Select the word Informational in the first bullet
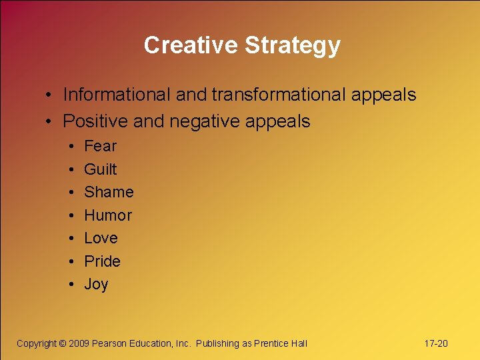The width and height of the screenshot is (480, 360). (117, 95)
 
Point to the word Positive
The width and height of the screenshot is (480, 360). (95, 121)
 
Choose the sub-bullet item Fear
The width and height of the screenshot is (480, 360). (100, 146)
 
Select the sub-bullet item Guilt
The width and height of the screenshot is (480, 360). (100, 169)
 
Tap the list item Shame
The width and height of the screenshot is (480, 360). (109, 192)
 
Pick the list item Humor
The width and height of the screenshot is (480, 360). (108, 215)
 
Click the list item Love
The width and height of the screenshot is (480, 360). (101, 238)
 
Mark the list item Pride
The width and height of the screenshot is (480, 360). (102, 261)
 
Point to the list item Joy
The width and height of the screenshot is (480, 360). (96, 285)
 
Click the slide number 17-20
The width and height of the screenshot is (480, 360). (436, 343)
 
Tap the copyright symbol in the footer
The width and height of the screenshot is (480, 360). (63, 343)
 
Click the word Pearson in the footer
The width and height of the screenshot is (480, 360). (113, 343)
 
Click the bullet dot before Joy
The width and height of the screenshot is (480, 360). (71, 285)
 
